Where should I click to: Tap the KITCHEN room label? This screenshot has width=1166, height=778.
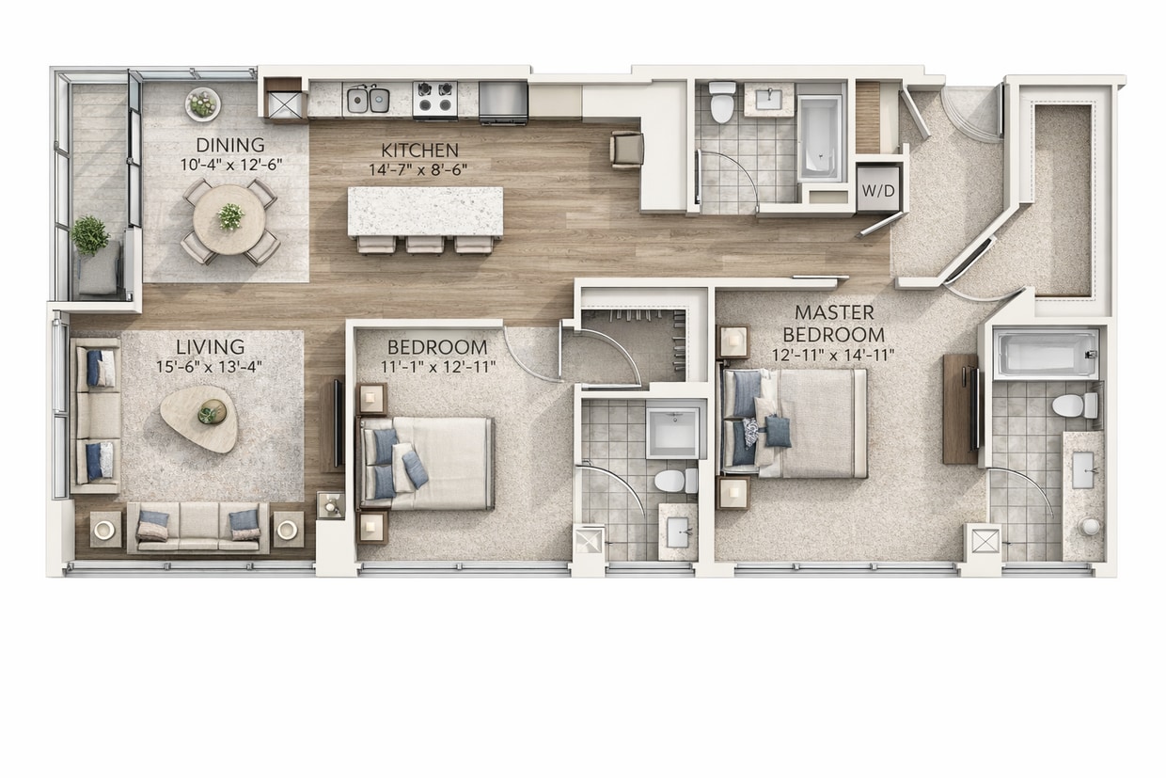point(420,151)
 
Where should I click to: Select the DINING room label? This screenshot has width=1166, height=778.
point(230,145)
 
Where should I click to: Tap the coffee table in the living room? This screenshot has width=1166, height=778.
point(198,416)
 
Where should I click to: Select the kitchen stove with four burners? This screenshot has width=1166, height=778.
point(435,100)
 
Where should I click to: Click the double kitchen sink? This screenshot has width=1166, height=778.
point(368,98)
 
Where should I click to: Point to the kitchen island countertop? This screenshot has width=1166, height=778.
point(425,211)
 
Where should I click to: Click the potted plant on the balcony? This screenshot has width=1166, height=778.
point(90,235)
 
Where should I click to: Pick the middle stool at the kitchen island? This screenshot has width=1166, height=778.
point(425,245)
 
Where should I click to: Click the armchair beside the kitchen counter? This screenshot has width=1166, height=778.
point(627,149)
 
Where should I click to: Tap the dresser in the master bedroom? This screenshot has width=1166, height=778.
point(960,408)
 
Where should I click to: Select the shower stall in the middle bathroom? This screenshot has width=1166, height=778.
point(675,432)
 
